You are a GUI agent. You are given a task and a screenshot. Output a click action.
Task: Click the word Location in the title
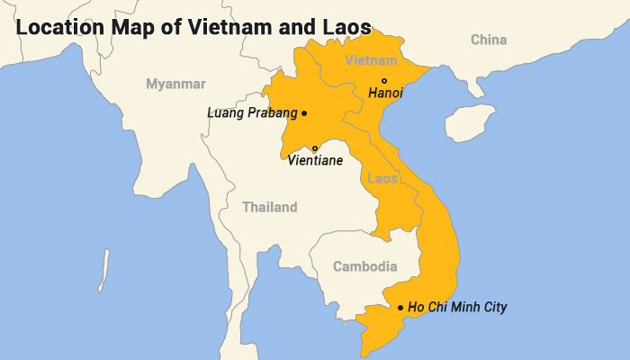point(54,28)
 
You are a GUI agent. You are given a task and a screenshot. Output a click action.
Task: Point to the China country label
point(489,40)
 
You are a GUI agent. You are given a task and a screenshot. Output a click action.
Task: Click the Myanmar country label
point(175,84)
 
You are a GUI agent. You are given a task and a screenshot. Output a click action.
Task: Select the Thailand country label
point(269,207)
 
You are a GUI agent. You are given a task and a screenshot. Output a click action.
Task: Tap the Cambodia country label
point(364,266)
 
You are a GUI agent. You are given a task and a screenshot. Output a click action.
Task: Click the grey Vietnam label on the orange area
point(371,61)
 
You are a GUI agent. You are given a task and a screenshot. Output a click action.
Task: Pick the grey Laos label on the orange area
point(382,178)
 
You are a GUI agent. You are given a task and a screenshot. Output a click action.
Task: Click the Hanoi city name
point(385,93)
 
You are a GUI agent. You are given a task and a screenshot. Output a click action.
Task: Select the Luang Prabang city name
point(251,113)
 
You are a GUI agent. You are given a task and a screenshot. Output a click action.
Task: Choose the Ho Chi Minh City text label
point(457,308)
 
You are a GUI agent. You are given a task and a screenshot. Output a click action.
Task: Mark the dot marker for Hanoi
point(384,81)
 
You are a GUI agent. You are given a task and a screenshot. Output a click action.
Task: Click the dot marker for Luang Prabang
point(304,113)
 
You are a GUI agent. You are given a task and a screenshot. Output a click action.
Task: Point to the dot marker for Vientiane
point(315,148)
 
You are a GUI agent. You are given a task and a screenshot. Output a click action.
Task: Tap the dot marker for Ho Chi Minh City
point(400,308)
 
